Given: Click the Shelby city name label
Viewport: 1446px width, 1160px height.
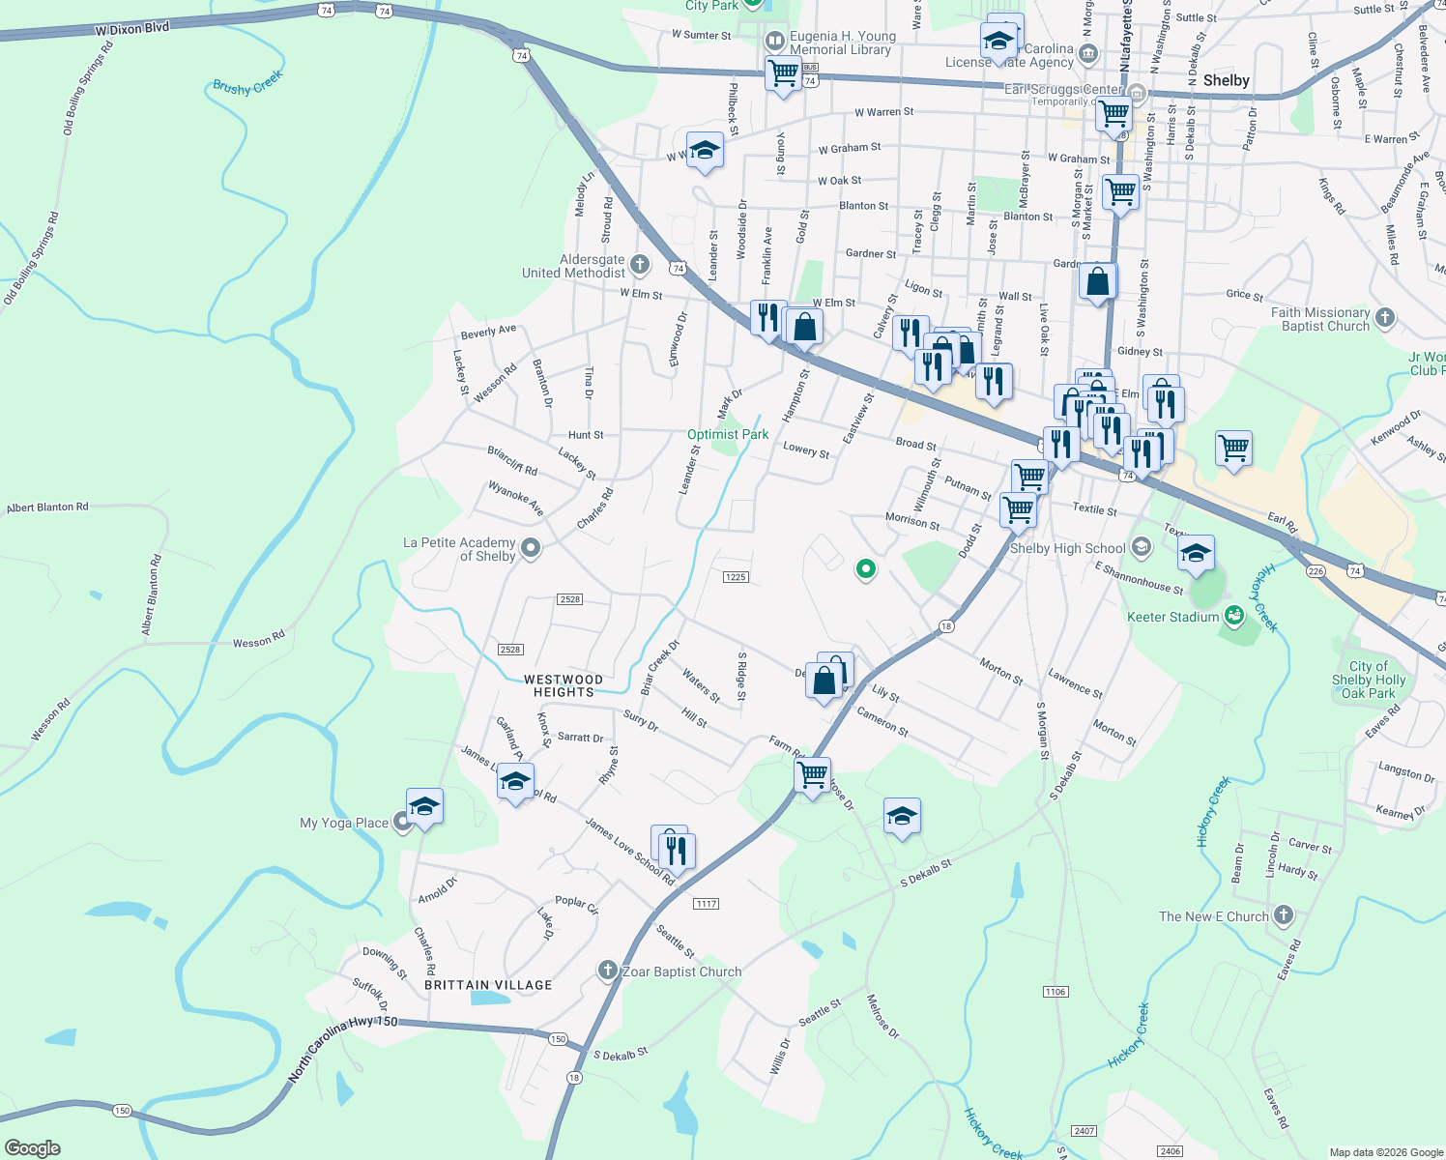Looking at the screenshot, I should [1226, 80].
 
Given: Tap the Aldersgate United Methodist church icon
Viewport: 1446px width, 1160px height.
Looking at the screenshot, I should [639, 265].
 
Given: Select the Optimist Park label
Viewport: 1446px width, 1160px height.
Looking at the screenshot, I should [728, 435].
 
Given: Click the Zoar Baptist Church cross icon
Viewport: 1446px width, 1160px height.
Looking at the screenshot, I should [607, 970].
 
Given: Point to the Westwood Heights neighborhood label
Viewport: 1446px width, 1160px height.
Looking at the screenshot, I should [564, 685].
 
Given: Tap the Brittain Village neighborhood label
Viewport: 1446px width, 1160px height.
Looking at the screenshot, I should [488, 985].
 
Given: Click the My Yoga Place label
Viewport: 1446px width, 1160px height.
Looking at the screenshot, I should [344, 824].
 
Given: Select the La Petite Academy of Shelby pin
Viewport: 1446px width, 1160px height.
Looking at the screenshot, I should [530, 548].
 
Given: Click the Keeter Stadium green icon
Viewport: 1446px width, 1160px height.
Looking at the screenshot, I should [1233, 615].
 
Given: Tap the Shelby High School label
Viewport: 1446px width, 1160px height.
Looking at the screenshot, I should [1067, 548].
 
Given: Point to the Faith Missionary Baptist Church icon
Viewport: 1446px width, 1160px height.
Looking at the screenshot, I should [1384, 317].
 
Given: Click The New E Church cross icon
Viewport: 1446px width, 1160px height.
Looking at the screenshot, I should [1283, 914].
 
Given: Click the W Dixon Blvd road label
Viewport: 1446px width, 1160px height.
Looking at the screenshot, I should [132, 29].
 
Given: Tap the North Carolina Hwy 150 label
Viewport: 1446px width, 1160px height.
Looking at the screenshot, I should [342, 1046].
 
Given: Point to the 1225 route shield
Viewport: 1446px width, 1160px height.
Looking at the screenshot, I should [736, 577].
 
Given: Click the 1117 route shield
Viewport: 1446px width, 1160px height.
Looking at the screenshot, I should [706, 904].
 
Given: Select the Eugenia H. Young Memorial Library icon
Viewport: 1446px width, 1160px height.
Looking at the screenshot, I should [774, 42].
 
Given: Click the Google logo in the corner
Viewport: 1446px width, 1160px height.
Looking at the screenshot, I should [32, 1148].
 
